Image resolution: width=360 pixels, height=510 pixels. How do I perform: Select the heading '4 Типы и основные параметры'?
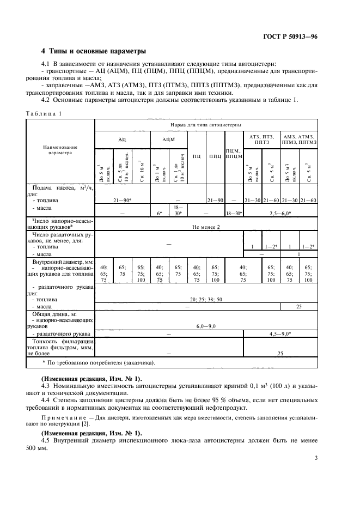[94, 52]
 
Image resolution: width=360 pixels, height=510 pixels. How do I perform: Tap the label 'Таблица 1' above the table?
[44, 113]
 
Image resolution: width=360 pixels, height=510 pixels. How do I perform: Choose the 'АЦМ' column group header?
[168, 139]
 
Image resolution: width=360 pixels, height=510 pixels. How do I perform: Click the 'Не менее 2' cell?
[206, 227]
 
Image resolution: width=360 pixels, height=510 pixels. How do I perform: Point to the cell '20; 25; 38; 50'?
[207, 299]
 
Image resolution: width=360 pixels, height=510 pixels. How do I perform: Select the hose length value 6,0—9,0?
[207, 325]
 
